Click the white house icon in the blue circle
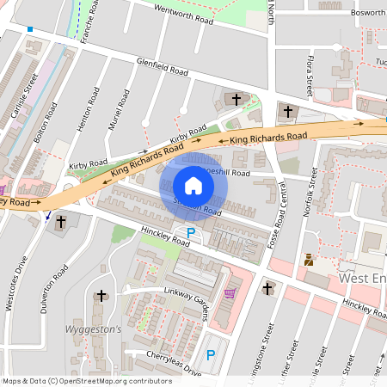(x=193, y=186)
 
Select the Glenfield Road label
(x=162, y=67)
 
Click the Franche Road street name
(x=87, y=24)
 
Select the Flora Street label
(x=310, y=74)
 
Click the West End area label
(x=363, y=279)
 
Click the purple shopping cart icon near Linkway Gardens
(x=229, y=293)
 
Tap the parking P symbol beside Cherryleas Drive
(x=210, y=354)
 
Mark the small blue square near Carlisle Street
(x=29, y=29)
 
